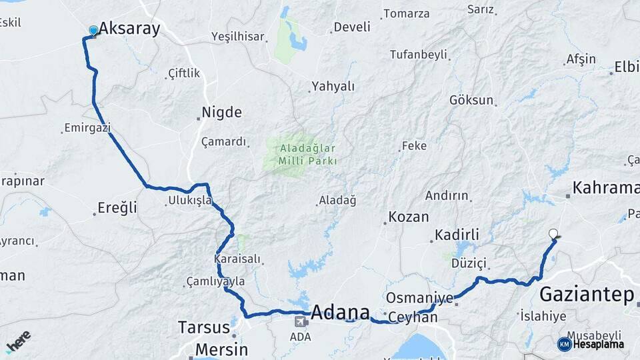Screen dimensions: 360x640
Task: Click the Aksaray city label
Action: [x=129, y=29]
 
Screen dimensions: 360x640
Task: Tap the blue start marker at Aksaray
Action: [x=93, y=30]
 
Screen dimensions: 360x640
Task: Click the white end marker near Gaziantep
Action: [x=553, y=233]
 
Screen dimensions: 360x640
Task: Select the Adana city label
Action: [x=340, y=312]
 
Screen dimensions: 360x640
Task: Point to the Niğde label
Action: [x=221, y=112]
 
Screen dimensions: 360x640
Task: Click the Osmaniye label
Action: [x=419, y=298]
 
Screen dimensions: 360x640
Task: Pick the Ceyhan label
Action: [x=413, y=317]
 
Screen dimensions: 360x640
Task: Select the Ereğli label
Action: [x=117, y=208]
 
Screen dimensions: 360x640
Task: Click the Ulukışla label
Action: [x=190, y=200]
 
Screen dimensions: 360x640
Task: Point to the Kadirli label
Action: [x=457, y=235]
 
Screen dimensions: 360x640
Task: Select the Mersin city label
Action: [x=221, y=349]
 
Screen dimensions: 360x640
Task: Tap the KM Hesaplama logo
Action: [x=591, y=344]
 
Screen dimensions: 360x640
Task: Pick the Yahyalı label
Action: [x=333, y=87]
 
